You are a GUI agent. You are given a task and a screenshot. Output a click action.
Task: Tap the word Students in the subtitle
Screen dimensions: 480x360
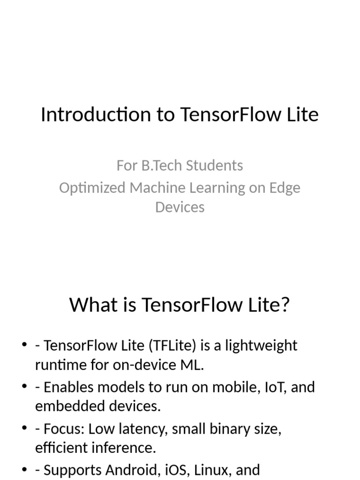pos(214,165)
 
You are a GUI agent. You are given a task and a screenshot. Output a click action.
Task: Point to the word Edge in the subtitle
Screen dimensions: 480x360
pos(285,188)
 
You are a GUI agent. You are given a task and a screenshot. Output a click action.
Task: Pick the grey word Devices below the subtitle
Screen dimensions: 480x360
pos(180,207)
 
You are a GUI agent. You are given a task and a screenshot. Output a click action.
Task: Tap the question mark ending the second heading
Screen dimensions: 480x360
pos(285,305)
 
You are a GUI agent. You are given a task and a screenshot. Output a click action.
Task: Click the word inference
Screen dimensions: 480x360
pos(126,448)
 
